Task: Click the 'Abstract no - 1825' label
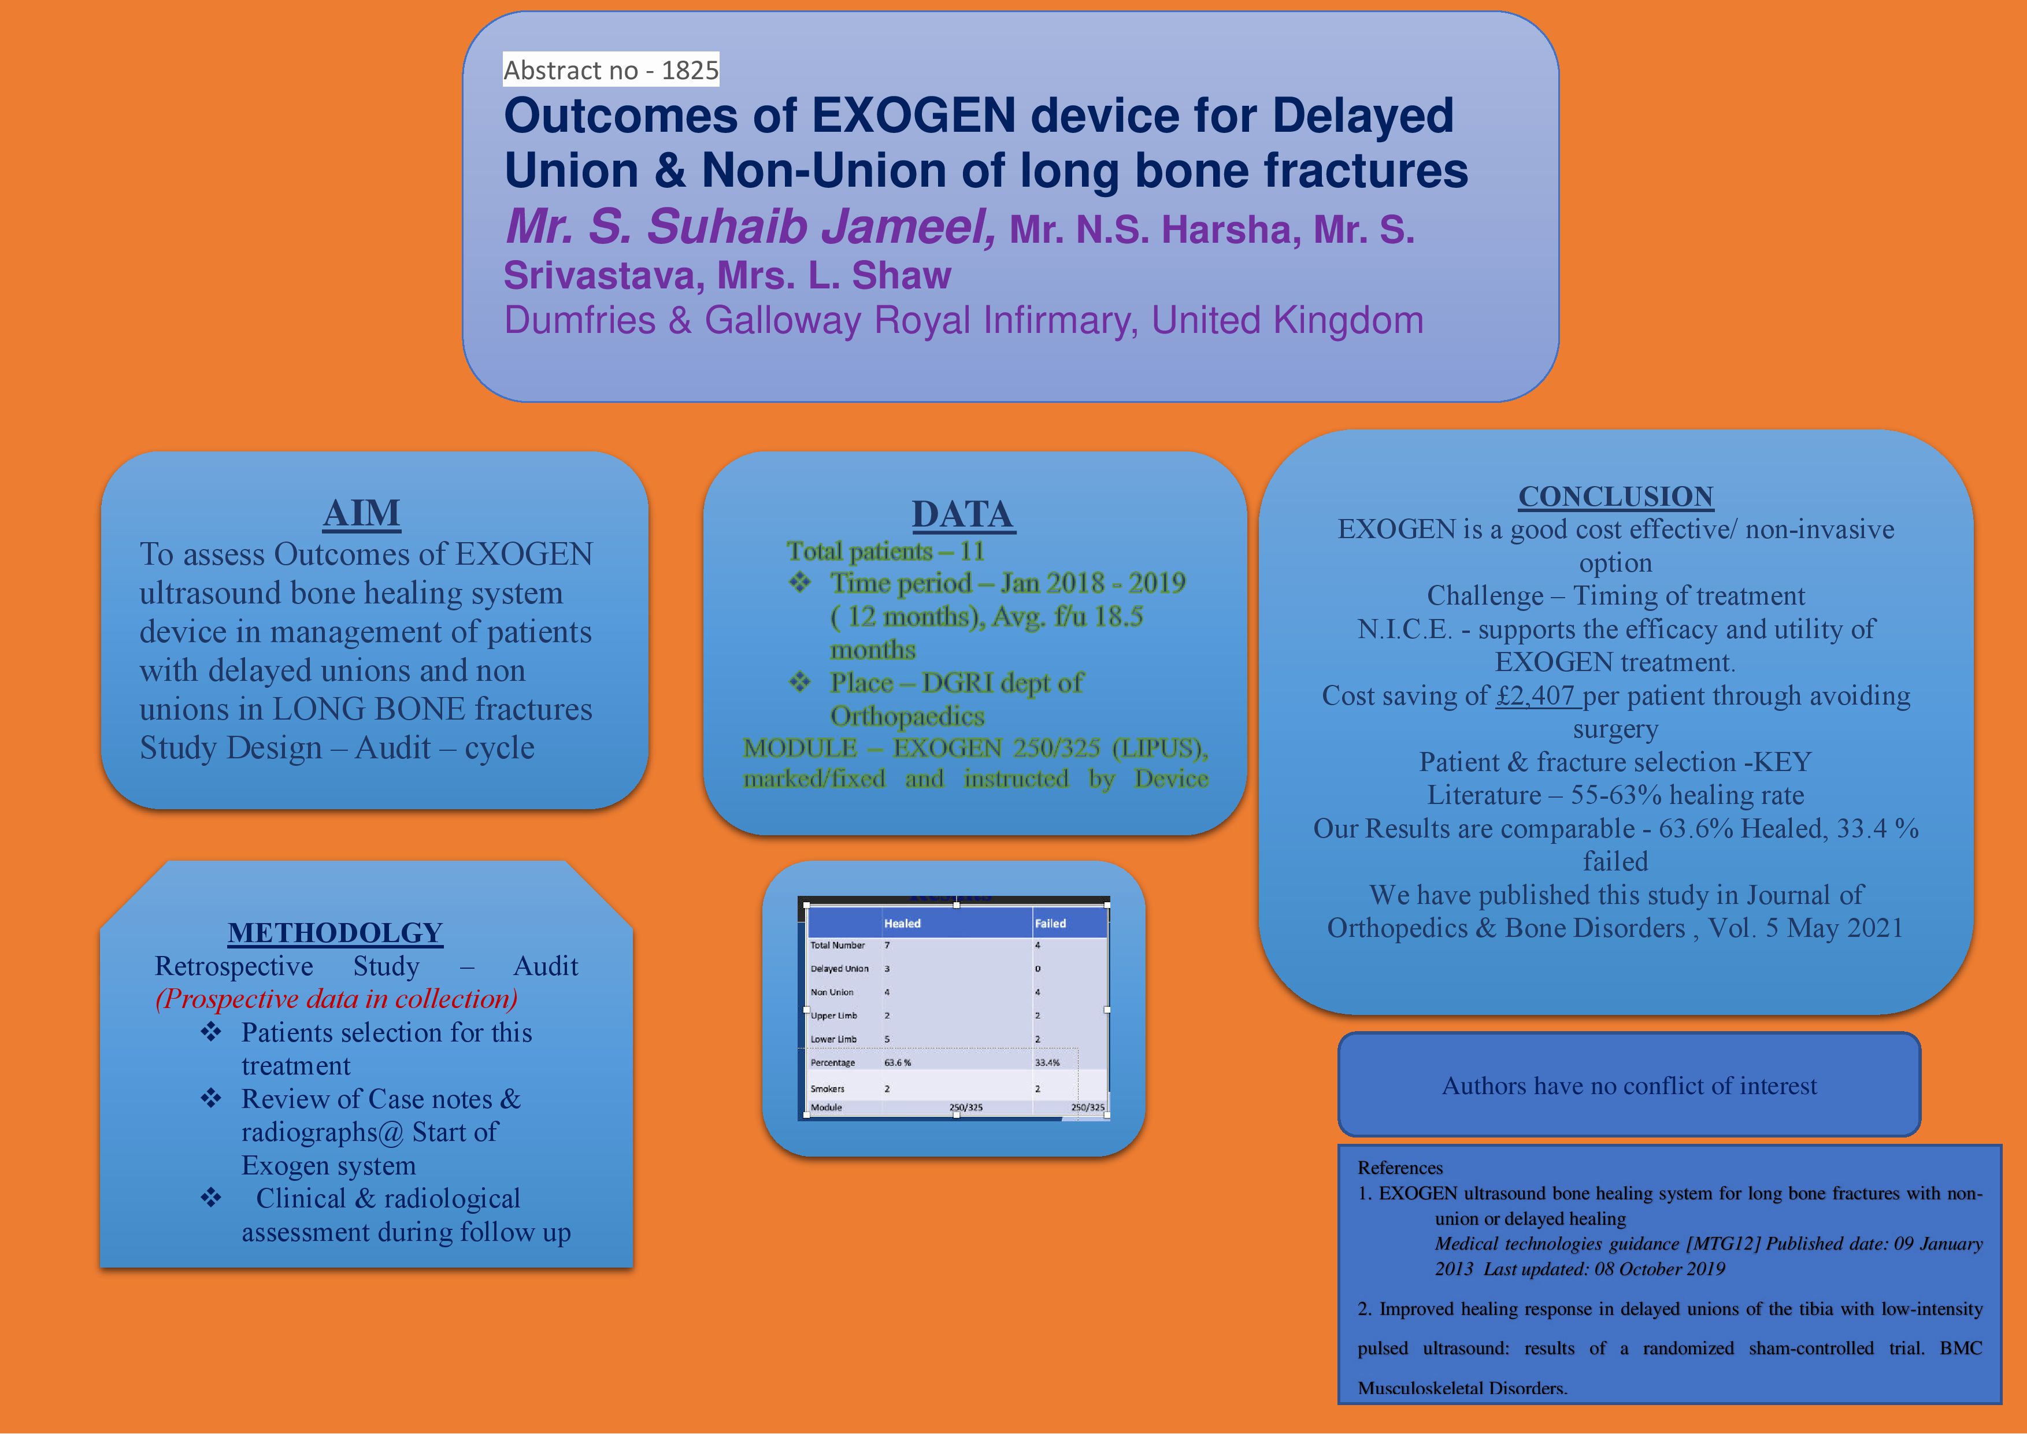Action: [x=611, y=70]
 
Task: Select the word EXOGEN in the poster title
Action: [x=914, y=116]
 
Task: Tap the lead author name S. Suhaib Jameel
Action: [x=750, y=226]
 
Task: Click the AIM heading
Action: [x=362, y=513]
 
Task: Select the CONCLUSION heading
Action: [x=1615, y=496]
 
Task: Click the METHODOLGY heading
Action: [x=335, y=932]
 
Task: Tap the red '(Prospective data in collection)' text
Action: [x=336, y=999]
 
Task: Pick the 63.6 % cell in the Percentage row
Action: [x=898, y=1063]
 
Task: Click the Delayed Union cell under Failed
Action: [x=1038, y=969]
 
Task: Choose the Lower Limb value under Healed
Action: [x=887, y=1039]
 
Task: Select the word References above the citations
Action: [x=1400, y=1168]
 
